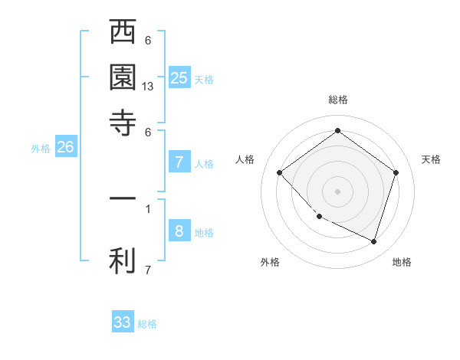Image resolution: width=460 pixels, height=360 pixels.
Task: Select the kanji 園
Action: coord(123,78)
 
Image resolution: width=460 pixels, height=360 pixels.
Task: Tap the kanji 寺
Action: coord(123,123)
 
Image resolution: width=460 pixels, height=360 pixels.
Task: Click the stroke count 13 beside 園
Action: coord(148,87)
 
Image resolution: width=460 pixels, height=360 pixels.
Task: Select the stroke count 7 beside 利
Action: coord(148,270)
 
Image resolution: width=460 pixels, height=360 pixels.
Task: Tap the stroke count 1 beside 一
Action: coord(148,207)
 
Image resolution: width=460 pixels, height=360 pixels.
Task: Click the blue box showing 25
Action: coord(179,77)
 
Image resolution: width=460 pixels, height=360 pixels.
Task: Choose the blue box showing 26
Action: coord(66,148)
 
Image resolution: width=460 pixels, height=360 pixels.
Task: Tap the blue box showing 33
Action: coord(123,322)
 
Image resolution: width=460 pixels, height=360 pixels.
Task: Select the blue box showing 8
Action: coord(179,231)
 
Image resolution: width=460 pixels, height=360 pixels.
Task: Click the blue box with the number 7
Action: coord(179,162)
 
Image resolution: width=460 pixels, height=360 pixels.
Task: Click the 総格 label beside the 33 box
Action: coord(147,324)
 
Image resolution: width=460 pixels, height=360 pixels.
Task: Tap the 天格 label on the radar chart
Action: coord(431,159)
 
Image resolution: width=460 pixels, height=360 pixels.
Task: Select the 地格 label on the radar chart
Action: coord(402,262)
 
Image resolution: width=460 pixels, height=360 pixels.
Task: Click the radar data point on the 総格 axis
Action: coord(337,131)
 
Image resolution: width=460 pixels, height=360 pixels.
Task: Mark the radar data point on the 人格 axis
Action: coord(280,173)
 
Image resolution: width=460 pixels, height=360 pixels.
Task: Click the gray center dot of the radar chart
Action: coord(337,191)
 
